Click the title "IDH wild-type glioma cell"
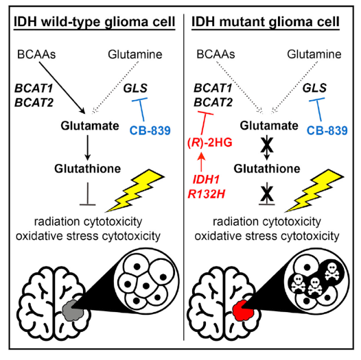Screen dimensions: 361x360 [95, 23]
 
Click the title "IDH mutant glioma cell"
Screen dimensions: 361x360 [266, 23]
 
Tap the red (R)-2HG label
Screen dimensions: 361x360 [210, 143]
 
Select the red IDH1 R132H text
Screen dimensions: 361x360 [207, 187]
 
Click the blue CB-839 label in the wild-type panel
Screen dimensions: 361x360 [150, 131]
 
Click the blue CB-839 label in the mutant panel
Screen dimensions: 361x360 [327, 131]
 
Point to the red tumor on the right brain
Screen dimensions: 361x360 [244, 311]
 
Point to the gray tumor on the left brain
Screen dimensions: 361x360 [73, 311]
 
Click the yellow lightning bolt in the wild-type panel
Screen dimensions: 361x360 [136, 191]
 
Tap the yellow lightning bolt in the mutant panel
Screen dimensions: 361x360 [315, 191]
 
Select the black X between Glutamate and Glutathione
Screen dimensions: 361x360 [267, 145]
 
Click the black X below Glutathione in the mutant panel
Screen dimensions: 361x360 [267, 194]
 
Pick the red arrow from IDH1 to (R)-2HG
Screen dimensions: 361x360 [202, 162]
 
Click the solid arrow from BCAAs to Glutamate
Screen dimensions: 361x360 [62, 87]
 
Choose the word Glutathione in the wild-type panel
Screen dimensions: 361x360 [87, 169]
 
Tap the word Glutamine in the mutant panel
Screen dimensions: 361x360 [314, 55]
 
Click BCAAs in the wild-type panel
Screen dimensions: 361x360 [36, 55]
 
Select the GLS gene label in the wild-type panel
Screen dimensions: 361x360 [135, 88]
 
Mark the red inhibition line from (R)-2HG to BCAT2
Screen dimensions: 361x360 [204, 123]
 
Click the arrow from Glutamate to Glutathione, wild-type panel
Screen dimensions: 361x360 [87, 147]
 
